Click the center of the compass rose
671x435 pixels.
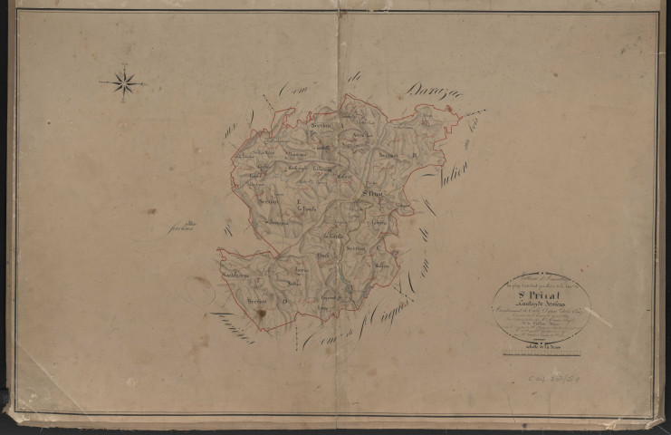(124, 83)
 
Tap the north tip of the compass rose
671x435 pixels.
(124, 65)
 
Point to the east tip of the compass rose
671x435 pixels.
(147, 83)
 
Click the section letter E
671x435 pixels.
(299, 199)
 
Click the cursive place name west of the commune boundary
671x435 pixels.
(187, 226)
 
